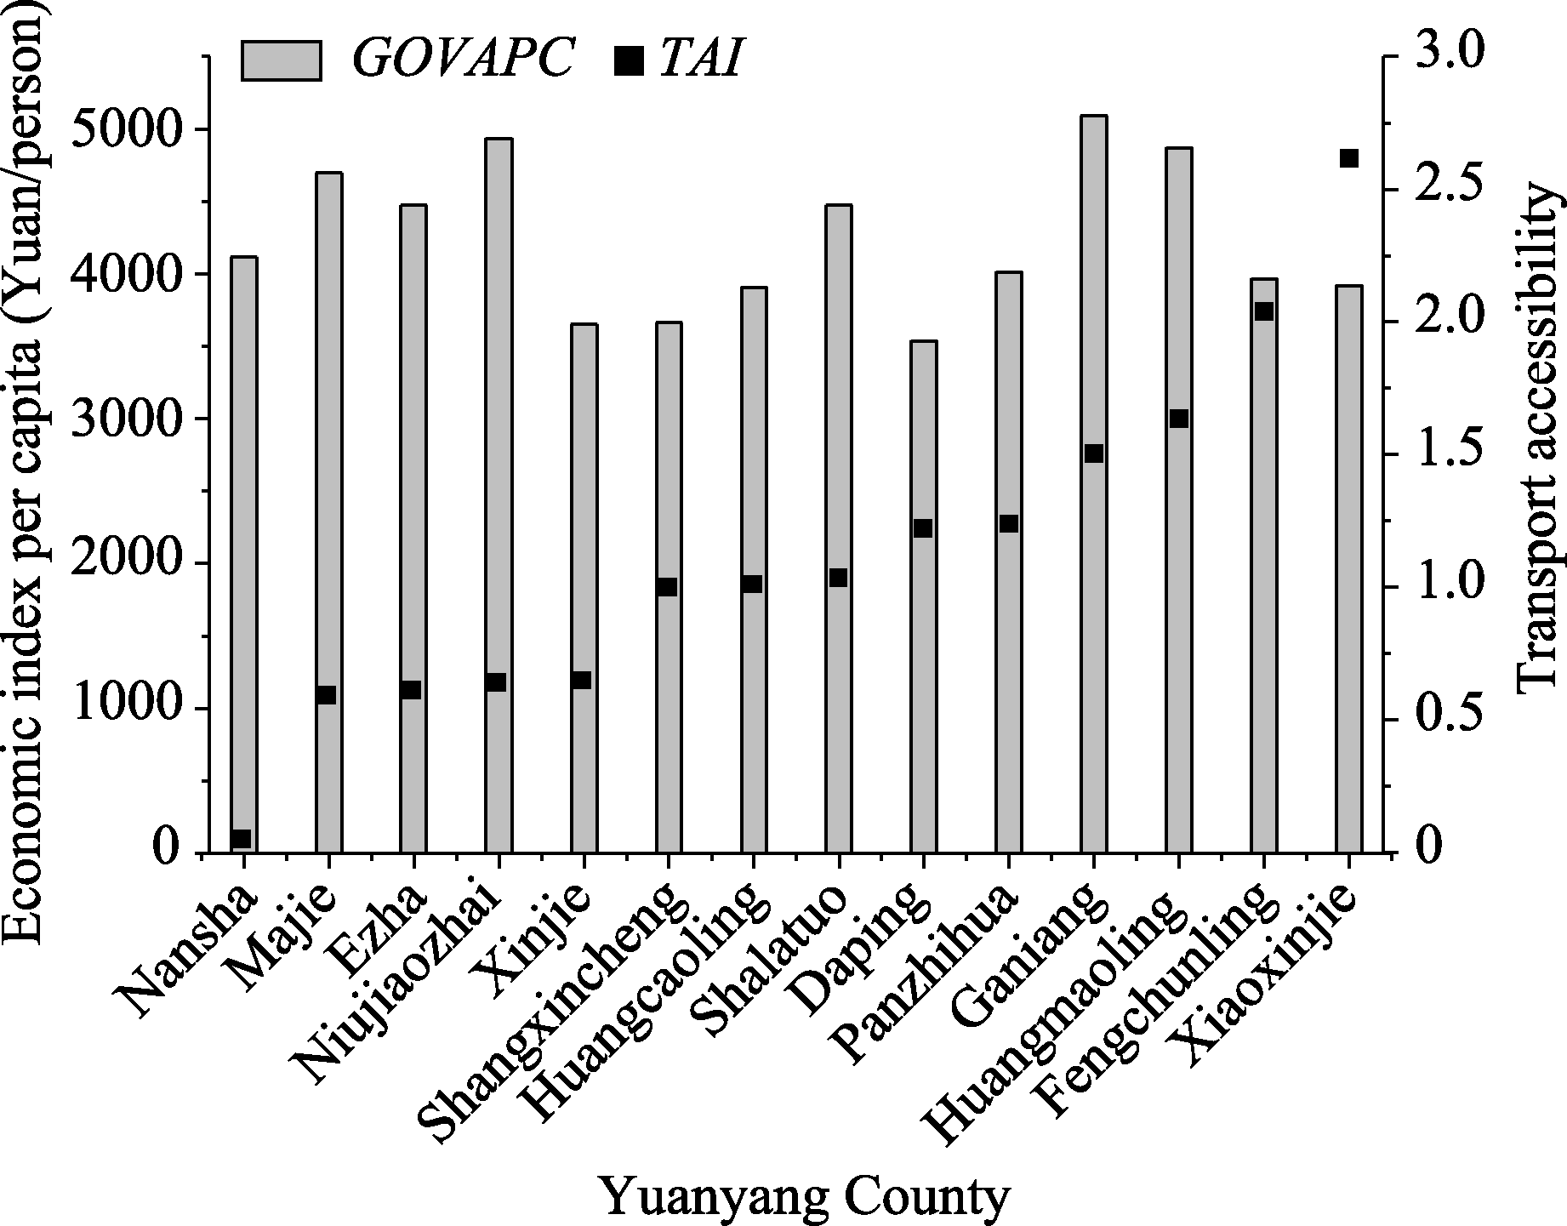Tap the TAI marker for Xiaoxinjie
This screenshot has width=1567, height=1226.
point(1349,159)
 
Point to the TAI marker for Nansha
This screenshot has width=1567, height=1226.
point(242,838)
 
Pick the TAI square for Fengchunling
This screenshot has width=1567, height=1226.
point(1264,311)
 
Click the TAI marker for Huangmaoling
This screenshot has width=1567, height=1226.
point(1179,419)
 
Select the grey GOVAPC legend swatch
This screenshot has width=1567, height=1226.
point(281,60)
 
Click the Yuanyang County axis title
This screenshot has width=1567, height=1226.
point(805,1198)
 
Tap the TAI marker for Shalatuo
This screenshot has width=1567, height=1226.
point(838,578)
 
